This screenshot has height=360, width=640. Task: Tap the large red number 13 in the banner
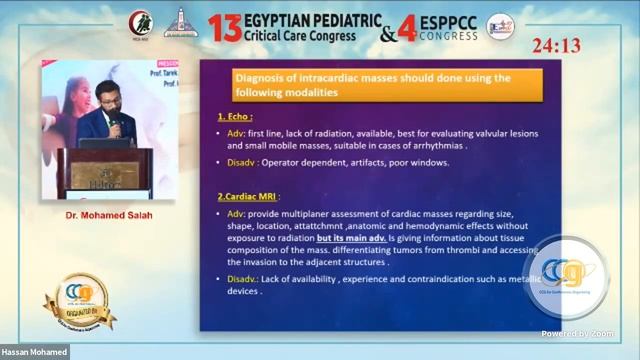tap(225, 28)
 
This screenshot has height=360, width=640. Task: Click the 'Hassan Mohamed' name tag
tap(34, 352)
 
